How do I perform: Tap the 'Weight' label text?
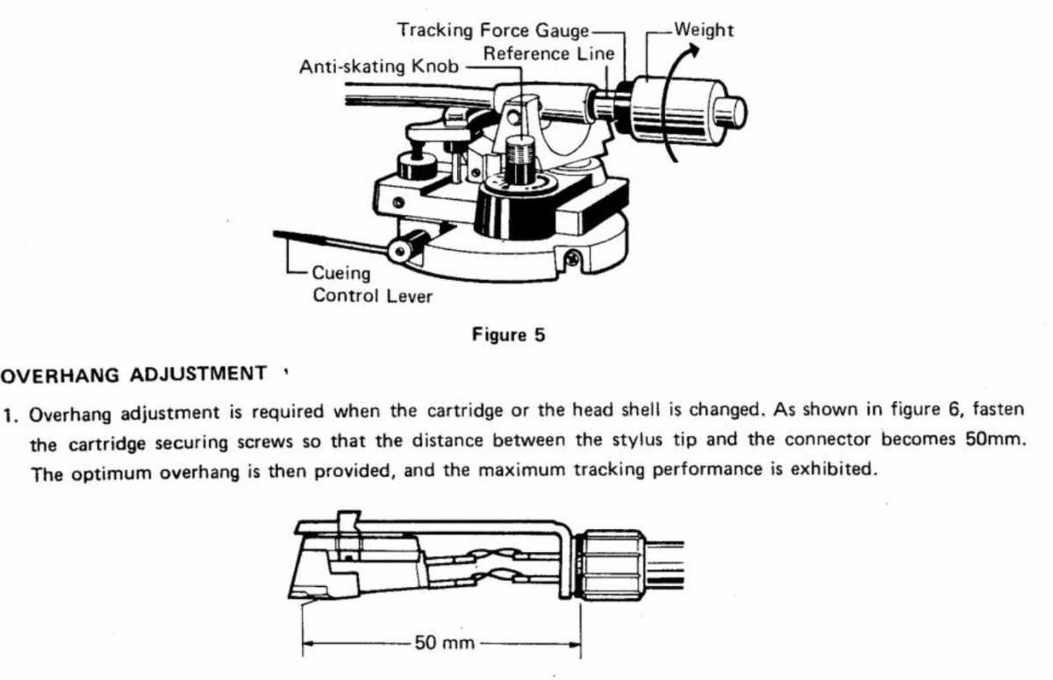(x=704, y=30)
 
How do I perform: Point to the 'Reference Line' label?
(x=549, y=54)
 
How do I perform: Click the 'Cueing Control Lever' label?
(x=372, y=284)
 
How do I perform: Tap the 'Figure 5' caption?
(x=508, y=334)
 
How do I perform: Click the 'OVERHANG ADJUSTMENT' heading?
(x=133, y=374)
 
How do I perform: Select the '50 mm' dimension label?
(x=443, y=642)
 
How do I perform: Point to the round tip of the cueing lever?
(x=405, y=252)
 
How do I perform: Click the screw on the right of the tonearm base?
(x=572, y=259)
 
